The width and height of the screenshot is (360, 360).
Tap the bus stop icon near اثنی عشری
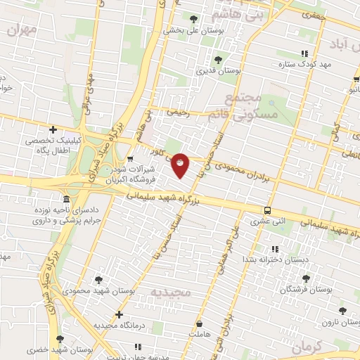267,210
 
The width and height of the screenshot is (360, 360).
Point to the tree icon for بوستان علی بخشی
193,19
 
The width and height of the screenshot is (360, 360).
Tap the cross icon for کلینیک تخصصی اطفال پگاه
53,129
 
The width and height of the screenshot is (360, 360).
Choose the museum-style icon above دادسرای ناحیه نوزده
66,199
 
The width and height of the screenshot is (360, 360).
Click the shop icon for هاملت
200,324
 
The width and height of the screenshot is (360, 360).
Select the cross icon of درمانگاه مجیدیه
119,314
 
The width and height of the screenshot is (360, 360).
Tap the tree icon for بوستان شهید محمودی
98,279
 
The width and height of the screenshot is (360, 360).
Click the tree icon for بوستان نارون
342,310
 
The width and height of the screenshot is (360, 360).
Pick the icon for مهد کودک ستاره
304,53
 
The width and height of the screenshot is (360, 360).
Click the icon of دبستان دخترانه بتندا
274,249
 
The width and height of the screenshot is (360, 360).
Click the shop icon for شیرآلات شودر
130,158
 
